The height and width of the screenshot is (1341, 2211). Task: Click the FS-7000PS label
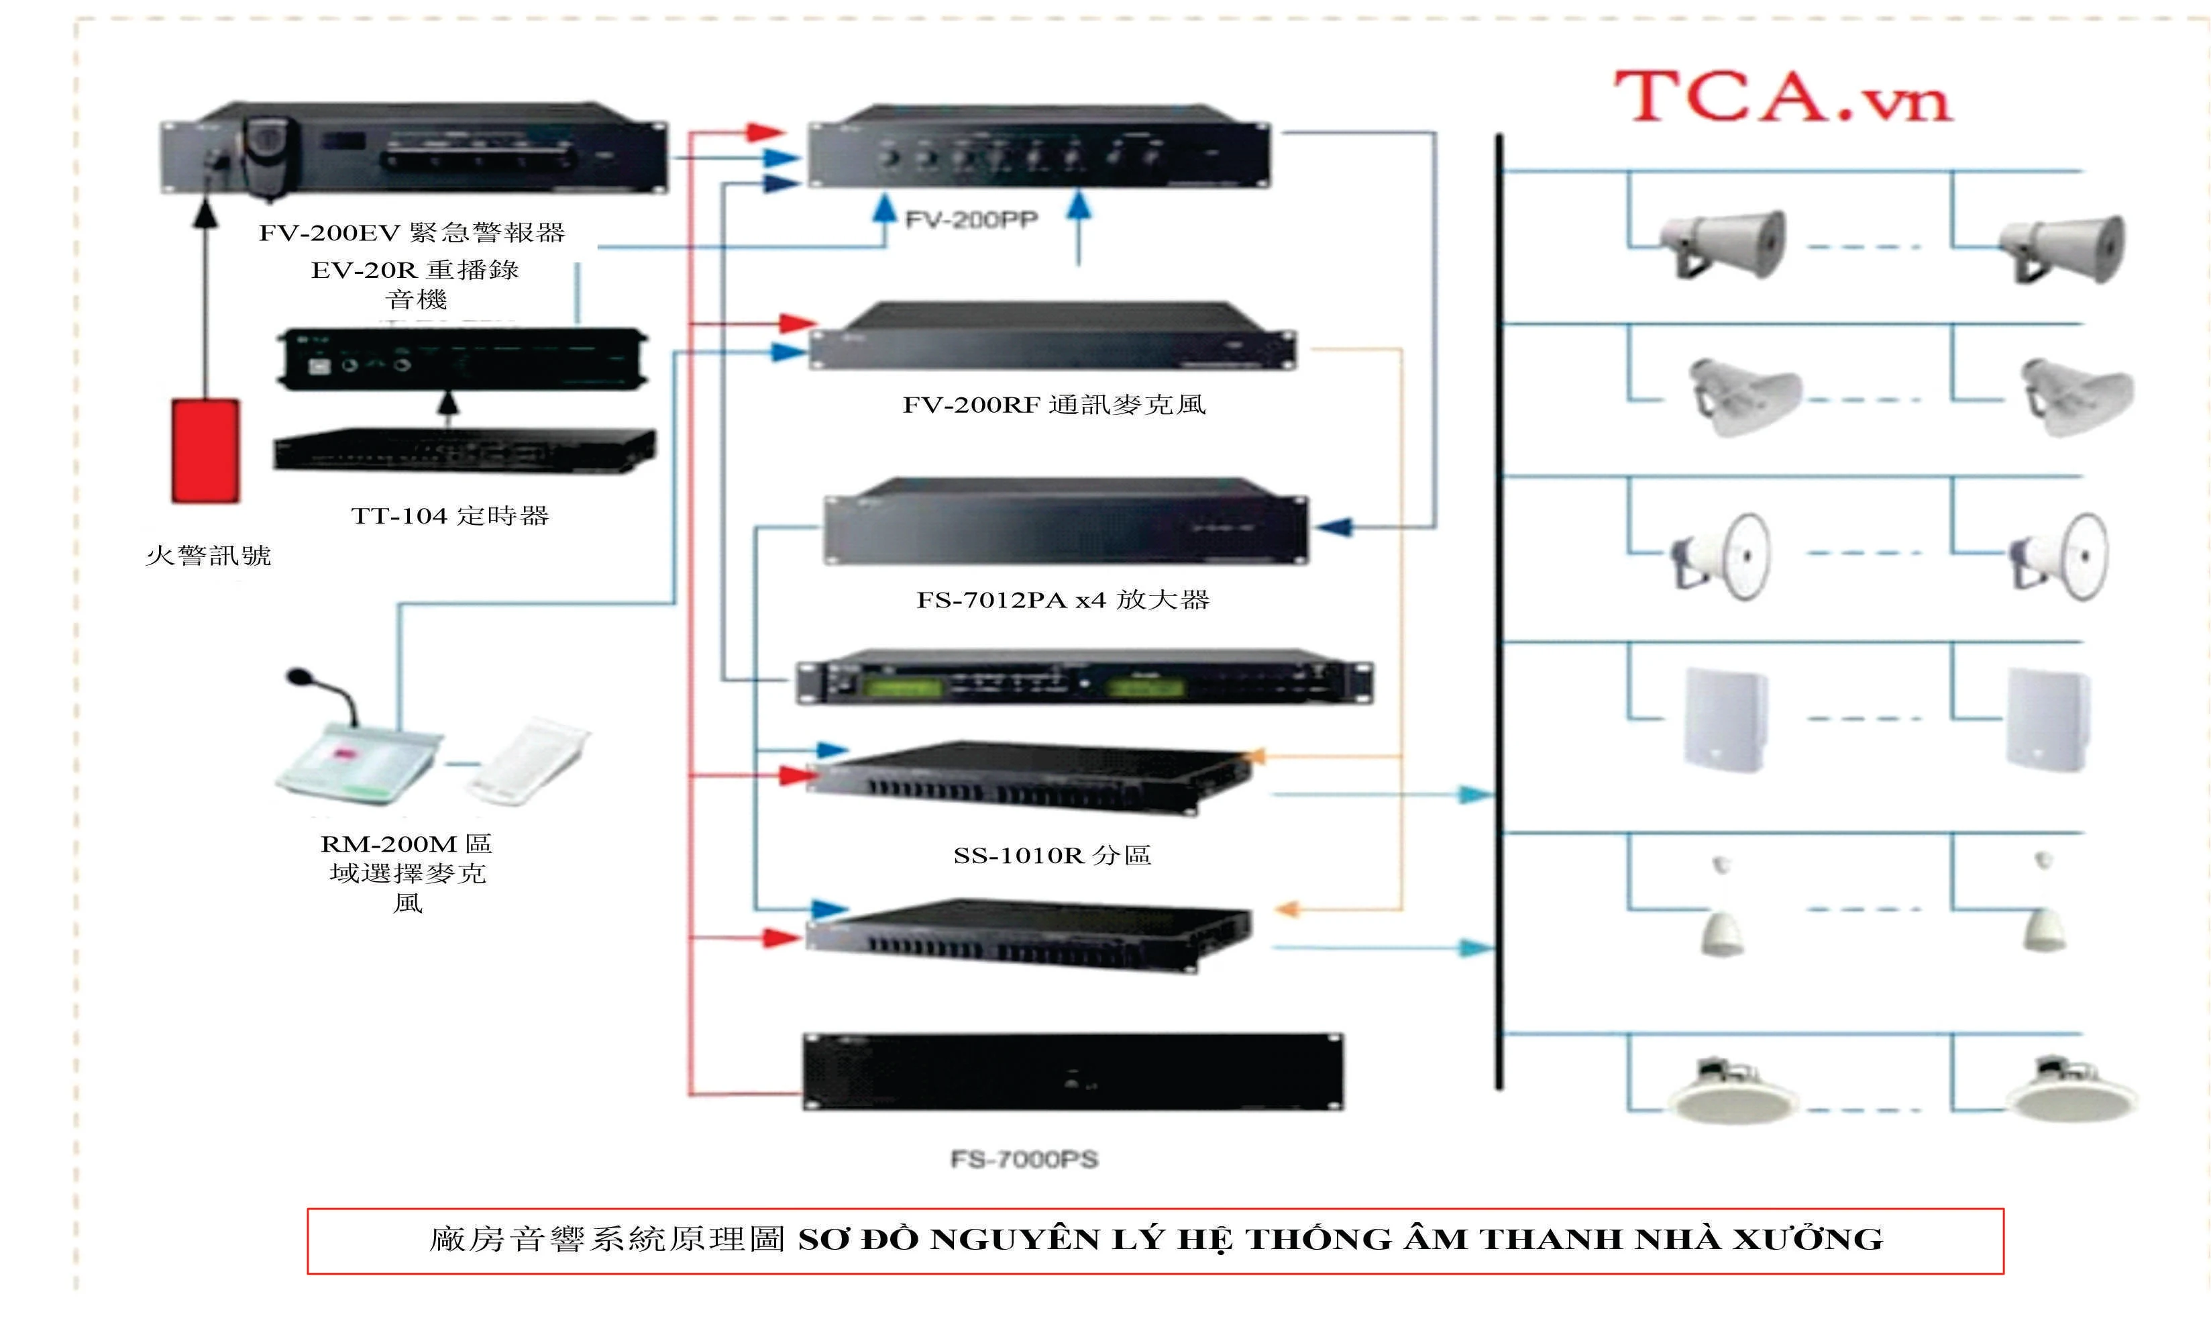click(x=1024, y=1160)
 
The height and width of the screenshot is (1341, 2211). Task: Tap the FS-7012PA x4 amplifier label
click(x=1063, y=599)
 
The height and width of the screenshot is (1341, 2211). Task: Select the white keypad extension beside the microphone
click(x=528, y=760)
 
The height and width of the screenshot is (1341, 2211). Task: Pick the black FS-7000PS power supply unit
click(x=1073, y=1073)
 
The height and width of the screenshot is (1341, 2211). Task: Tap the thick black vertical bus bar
click(x=1499, y=612)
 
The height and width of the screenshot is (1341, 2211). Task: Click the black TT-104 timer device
click(x=464, y=449)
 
